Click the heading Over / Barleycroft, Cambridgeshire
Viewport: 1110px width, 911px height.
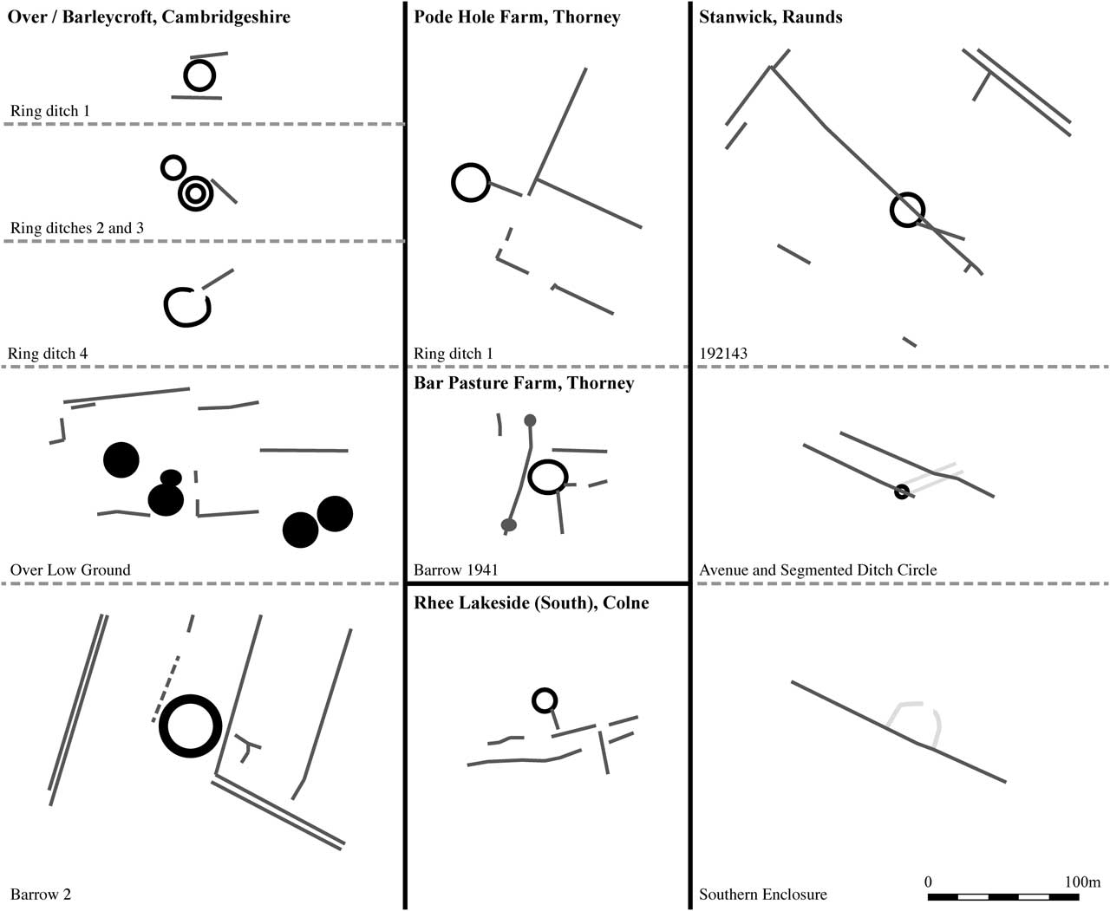click(x=149, y=16)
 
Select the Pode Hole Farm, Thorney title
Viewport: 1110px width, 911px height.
click(x=517, y=16)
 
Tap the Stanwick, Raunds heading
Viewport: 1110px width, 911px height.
click(x=770, y=16)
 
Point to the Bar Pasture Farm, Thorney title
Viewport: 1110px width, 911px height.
click(x=524, y=383)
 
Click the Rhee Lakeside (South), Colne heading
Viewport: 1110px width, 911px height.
click(x=531, y=602)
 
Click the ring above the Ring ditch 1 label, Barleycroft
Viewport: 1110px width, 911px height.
click(x=199, y=76)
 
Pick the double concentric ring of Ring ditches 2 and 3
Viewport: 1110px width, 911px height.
click(x=195, y=192)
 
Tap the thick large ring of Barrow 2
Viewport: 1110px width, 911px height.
click(x=191, y=726)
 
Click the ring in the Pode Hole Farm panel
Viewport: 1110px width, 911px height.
click(x=471, y=183)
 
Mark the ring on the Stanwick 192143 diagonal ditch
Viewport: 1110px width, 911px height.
click(x=907, y=210)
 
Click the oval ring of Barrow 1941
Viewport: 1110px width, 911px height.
click(x=547, y=477)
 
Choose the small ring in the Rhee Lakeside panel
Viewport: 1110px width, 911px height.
click(x=544, y=700)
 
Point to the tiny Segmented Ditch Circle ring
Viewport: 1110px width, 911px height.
click(x=902, y=491)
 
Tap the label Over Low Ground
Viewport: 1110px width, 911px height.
click(x=70, y=569)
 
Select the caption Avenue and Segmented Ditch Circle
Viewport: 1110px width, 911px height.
click(x=818, y=569)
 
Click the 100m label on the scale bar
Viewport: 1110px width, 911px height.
click(x=1082, y=882)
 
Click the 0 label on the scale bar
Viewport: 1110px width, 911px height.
click(x=928, y=882)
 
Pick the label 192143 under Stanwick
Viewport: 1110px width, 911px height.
click(x=723, y=353)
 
